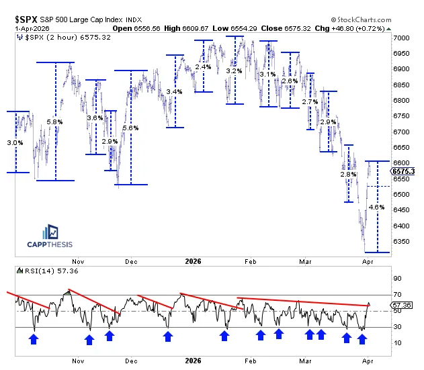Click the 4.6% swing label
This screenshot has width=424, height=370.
pos(378,208)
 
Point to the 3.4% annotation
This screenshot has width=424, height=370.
pos(175,91)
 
